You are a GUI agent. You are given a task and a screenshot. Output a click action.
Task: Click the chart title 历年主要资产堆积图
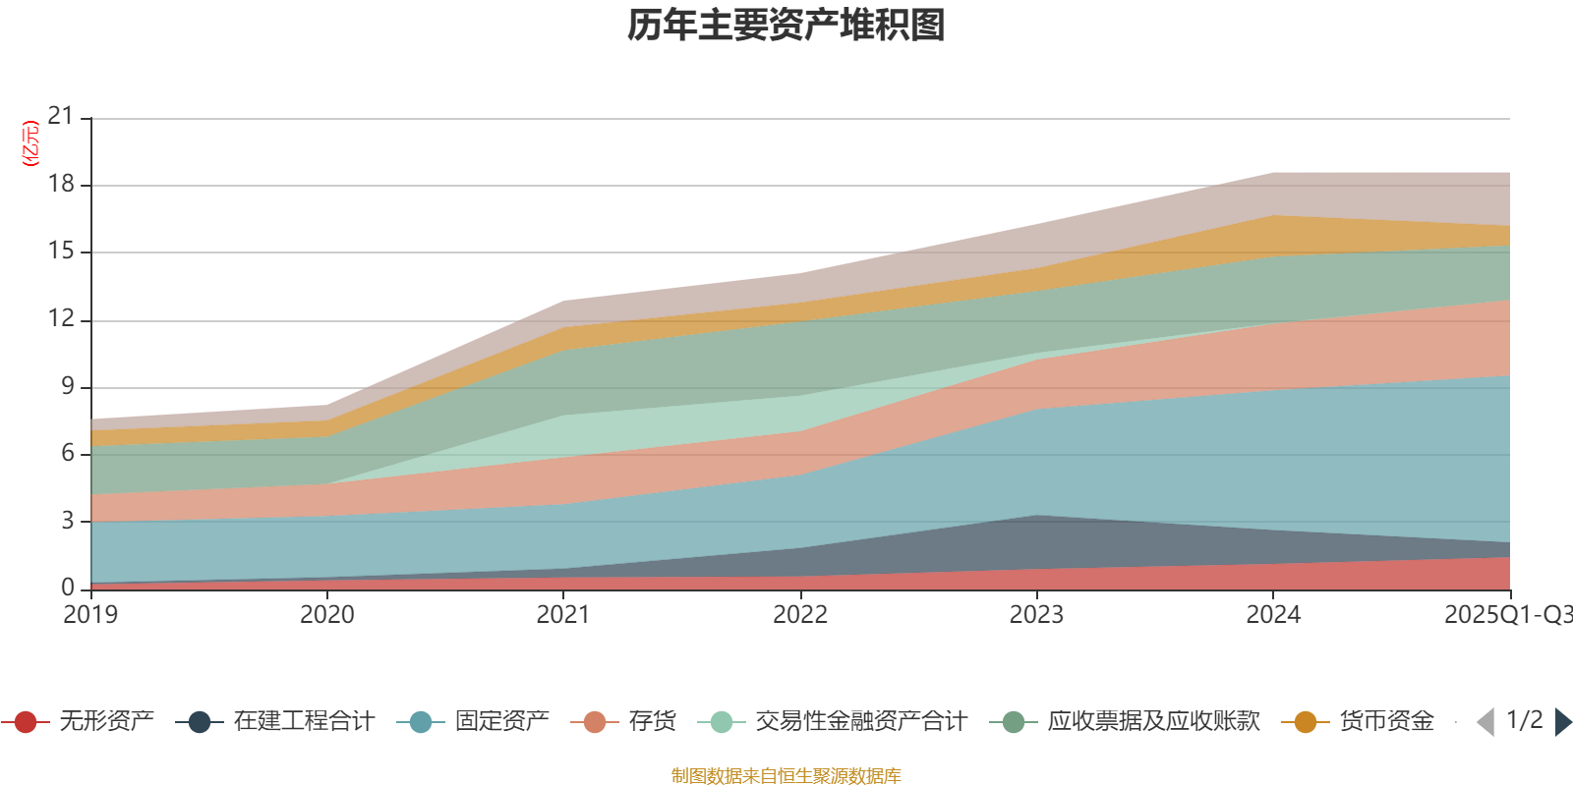[786, 26]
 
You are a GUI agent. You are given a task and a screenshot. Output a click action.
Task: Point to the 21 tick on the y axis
[61, 117]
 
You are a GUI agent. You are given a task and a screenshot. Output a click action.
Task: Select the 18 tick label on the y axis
[61, 184]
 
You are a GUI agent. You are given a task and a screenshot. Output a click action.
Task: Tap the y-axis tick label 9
[68, 386]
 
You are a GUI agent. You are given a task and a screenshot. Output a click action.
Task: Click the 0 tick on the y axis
[68, 588]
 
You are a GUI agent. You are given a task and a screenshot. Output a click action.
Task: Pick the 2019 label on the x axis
[90, 615]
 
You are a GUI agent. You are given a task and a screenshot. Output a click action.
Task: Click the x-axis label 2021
[563, 615]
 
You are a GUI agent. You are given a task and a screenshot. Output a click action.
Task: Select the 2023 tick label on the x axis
[1036, 615]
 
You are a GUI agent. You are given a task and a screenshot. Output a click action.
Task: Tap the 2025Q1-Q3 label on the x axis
[1506, 615]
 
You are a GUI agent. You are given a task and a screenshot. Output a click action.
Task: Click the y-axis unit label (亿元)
[30, 143]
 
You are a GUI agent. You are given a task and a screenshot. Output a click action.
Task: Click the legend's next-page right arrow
[1562, 722]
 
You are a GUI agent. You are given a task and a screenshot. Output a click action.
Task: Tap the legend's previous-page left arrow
[1486, 722]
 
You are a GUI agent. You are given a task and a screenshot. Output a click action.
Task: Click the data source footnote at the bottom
[786, 776]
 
